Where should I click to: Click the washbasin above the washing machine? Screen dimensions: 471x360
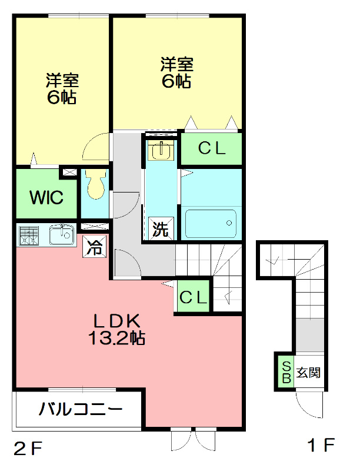161,151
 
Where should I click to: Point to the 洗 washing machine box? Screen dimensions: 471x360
161,229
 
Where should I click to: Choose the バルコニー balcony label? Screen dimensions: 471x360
81,409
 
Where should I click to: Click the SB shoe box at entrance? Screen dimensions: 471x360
286,372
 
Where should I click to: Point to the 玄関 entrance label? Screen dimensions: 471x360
308,372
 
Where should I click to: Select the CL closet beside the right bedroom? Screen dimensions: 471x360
211,150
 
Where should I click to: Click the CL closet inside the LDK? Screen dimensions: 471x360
193,297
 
